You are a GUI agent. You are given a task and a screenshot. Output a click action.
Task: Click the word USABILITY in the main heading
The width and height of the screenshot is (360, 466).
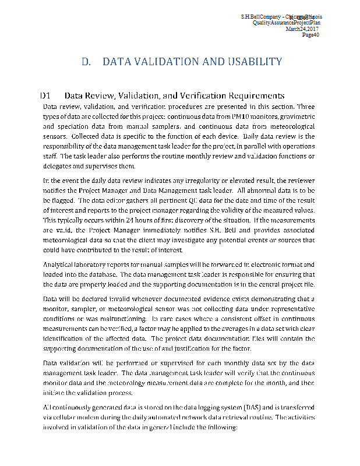pos(250,61)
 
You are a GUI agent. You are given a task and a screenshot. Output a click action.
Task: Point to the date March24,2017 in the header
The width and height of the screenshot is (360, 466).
pos(304,29)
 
